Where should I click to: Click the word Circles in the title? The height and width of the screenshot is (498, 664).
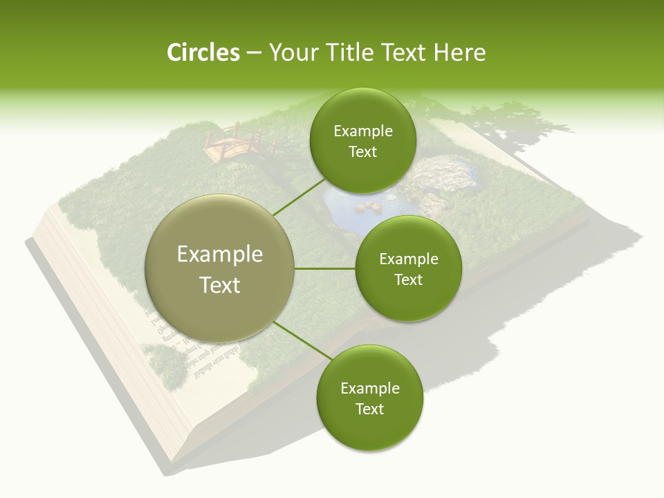pos(203,53)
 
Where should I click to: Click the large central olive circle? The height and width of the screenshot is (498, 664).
pos(219,268)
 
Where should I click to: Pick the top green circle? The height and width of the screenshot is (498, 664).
pos(362,140)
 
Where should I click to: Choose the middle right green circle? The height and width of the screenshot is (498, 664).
pos(408,268)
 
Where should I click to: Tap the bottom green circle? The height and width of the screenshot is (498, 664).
pos(369,398)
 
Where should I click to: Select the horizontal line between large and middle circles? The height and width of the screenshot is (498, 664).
pos(325,268)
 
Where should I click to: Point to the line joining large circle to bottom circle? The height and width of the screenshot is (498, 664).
pos(302,343)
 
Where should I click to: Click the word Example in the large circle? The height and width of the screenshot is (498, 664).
pos(219,255)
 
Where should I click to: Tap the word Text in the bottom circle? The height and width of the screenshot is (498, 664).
pos(369,409)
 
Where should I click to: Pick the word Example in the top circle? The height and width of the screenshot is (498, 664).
pos(362,131)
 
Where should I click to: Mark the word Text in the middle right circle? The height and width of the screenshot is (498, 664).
pos(408,279)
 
